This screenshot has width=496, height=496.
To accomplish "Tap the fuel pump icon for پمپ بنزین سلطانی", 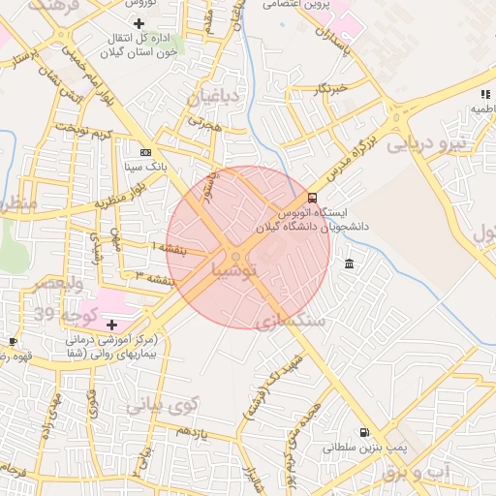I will [x=363, y=433].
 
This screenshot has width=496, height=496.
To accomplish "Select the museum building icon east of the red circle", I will [x=349, y=263].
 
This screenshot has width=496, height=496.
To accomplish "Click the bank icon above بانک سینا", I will [x=145, y=152].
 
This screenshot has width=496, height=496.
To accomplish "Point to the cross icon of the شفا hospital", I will [x=112, y=325].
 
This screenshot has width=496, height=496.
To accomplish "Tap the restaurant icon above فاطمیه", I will [x=484, y=94].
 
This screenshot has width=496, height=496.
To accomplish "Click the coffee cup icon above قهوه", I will [x=14, y=341].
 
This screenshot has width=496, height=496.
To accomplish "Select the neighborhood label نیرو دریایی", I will [x=426, y=144].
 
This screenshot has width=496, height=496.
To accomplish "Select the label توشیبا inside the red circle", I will [x=236, y=272].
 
